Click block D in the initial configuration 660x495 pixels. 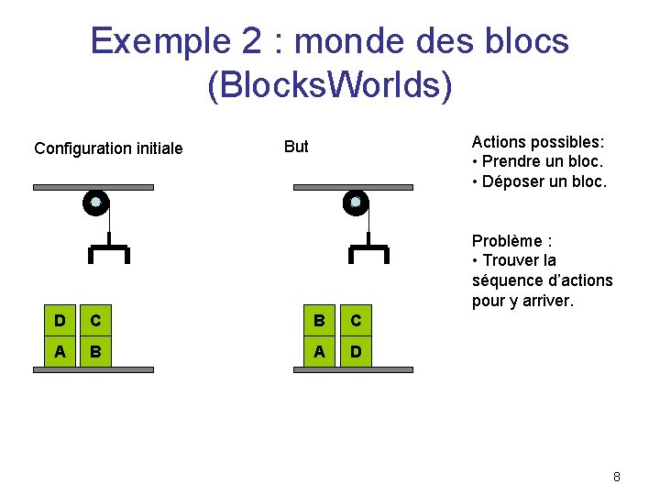coord(60,321)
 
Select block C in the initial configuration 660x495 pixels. coord(94,321)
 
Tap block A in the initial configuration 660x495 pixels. coord(60,353)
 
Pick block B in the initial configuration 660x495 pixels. coord(94,353)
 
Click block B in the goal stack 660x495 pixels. coord(319,321)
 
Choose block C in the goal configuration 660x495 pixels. coord(355,321)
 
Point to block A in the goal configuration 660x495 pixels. coord(319,353)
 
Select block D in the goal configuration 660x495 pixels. coord(355,353)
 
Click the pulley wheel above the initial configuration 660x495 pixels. coord(95,203)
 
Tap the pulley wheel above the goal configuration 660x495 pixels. coord(356,203)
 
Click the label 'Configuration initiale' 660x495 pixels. coord(108,148)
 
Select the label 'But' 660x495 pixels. coord(296,146)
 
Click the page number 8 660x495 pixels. coord(617,477)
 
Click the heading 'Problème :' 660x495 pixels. coord(511,240)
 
